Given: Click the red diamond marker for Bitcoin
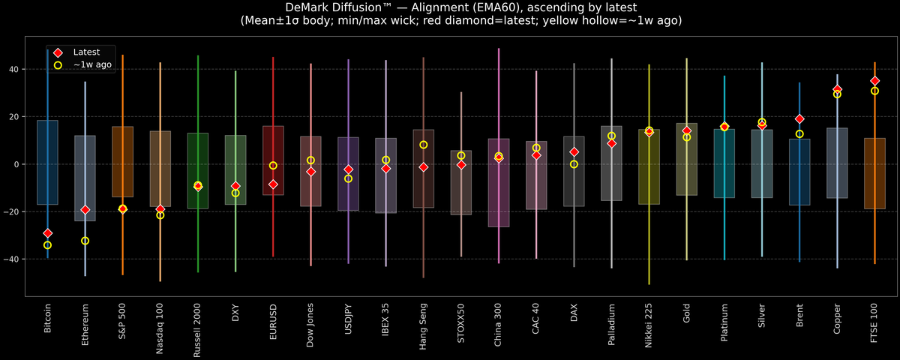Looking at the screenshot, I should pyautogui.click(x=47, y=233).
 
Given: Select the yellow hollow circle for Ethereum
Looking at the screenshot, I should pyautogui.click(x=85, y=241).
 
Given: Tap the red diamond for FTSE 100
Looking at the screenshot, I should pyautogui.click(x=874, y=81).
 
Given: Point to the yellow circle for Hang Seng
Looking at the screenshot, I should pyautogui.click(x=423, y=145).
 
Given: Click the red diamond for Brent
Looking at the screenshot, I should pyautogui.click(x=799, y=119).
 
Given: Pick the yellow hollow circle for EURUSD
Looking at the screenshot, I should pyautogui.click(x=273, y=166).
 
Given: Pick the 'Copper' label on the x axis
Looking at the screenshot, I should pyautogui.click(x=837, y=319).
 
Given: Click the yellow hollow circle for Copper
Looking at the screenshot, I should pyautogui.click(x=837, y=94).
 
